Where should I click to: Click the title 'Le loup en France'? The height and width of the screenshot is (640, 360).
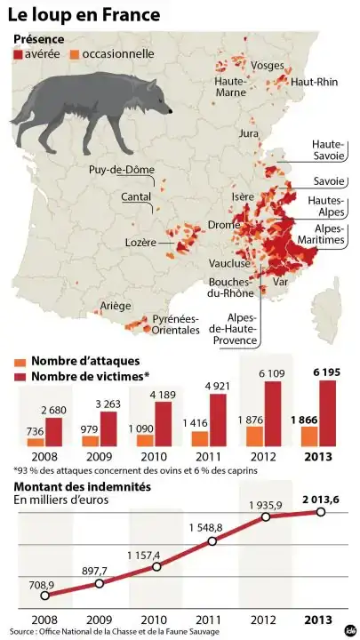pos(85,15)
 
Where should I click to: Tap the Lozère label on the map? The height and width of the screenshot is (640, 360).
pos(141,242)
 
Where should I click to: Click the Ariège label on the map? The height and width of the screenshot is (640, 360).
pos(116,306)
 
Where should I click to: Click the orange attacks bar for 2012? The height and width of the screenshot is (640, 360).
pos(254,436)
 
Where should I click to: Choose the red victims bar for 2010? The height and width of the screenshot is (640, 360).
pos(164,423)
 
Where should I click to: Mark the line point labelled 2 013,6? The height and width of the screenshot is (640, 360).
pos(321,512)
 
